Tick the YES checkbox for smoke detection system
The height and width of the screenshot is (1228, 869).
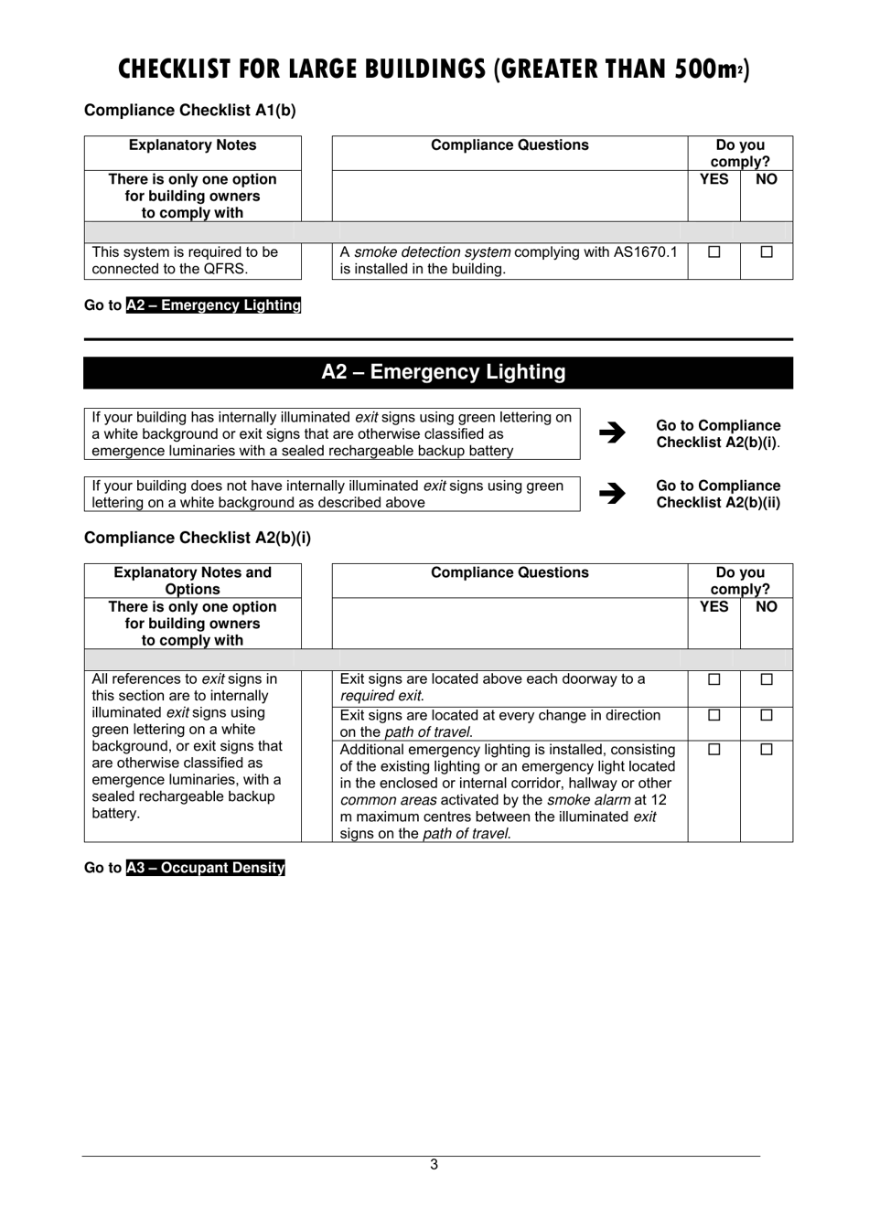pos(714,251)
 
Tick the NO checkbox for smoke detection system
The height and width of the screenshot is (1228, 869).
pos(767,251)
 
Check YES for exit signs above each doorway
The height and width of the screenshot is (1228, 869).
pos(714,679)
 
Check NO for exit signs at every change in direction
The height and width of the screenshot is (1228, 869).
pos(767,715)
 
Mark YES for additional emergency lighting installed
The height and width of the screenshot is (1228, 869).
pos(714,749)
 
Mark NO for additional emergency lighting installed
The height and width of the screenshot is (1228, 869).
pos(767,749)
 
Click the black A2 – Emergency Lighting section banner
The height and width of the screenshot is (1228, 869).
pos(438,372)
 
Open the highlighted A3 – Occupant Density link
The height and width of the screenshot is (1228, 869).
pos(206,868)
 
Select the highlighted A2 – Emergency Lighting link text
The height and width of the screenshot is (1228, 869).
pos(213,305)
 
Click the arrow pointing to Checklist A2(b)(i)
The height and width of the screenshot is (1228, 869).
pos(612,433)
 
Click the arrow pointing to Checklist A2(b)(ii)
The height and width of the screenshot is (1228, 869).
pos(612,494)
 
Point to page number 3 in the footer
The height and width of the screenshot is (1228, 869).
pos(434,1165)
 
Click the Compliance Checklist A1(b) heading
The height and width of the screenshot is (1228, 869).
pos(190,111)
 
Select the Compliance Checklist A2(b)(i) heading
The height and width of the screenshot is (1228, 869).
pos(198,538)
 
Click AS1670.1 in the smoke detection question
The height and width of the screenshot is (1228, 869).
pos(645,251)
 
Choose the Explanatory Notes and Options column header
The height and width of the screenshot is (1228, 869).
pos(192,581)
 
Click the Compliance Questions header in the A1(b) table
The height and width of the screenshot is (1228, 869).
pos(510,145)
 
